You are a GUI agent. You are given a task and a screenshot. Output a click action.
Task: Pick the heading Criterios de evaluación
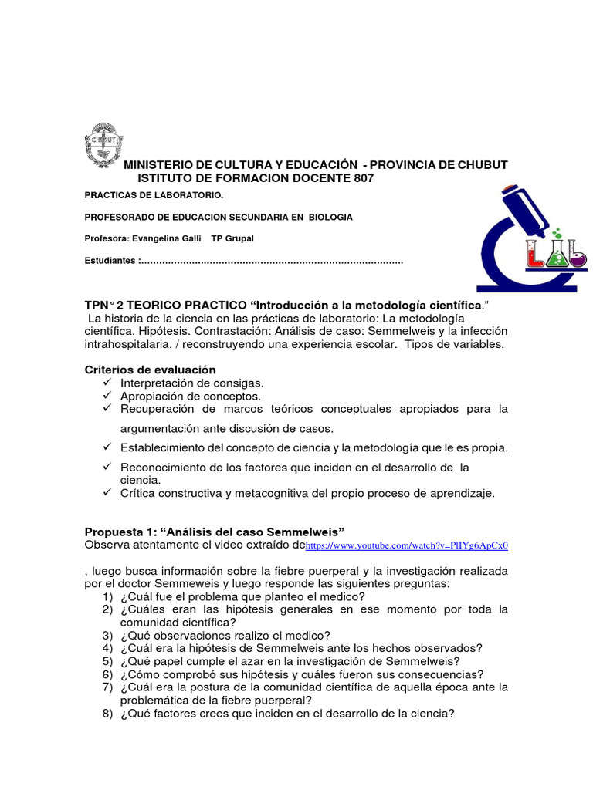[150, 370]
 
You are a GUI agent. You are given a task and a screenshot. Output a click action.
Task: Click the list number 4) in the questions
[107, 648]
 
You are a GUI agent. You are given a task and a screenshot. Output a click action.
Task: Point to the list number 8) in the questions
[107, 714]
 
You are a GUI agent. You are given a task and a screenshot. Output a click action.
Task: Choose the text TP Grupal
[232, 238]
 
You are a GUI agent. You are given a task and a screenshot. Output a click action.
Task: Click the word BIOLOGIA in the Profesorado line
[330, 218]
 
